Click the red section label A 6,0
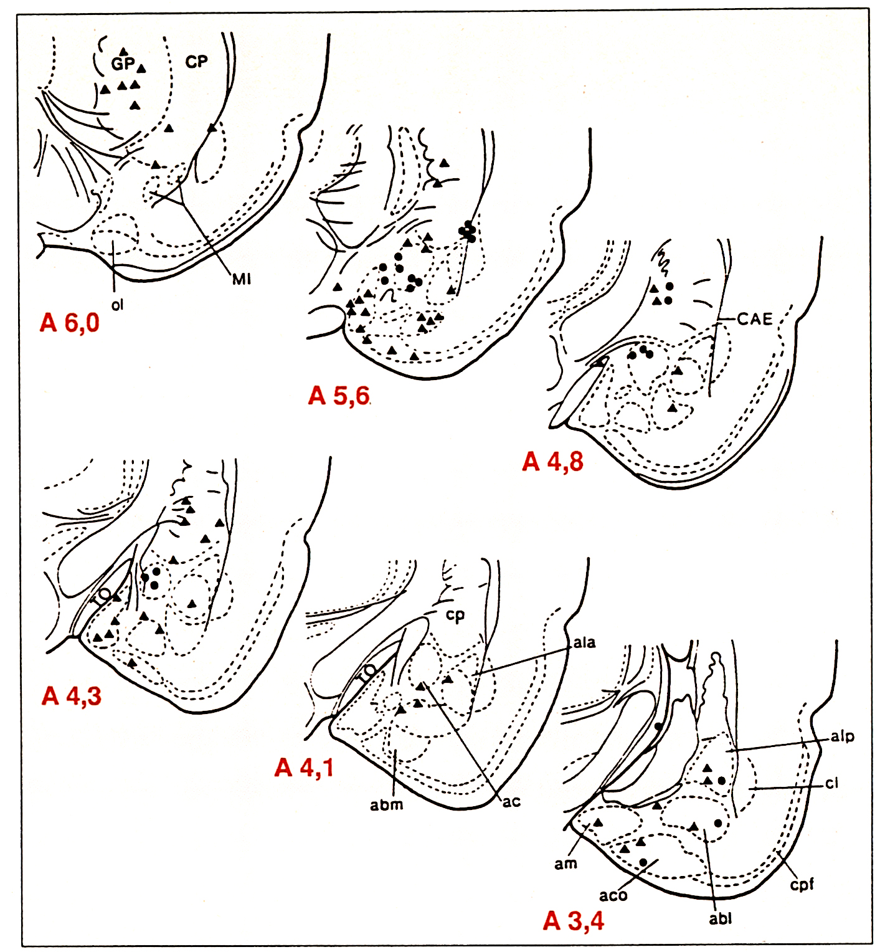pyautogui.click(x=69, y=323)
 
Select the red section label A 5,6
pyautogui.click(x=339, y=396)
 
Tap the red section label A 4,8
pyautogui.click(x=553, y=462)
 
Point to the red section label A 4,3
pyautogui.click(x=71, y=696)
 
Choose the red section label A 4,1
pyautogui.click(x=304, y=768)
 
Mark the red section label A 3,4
pyautogui.click(x=573, y=920)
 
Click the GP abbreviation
pyautogui.click(x=123, y=64)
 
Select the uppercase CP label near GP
pyautogui.click(x=196, y=62)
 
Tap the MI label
pyautogui.click(x=242, y=279)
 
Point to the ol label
pyautogui.click(x=117, y=305)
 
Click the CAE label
pyautogui.click(x=755, y=319)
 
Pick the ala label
pyautogui.click(x=584, y=642)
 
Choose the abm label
pyautogui.click(x=386, y=804)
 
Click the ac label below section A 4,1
pyautogui.click(x=511, y=802)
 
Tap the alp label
pyautogui.click(x=843, y=737)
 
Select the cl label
pyautogui.click(x=832, y=783)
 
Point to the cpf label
pyautogui.click(x=802, y=883)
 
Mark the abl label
pyautogui.click(x=721, y=918)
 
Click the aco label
pyautogui.click(x=613, y=895)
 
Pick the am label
pyautogui.click(x=565, y=864)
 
